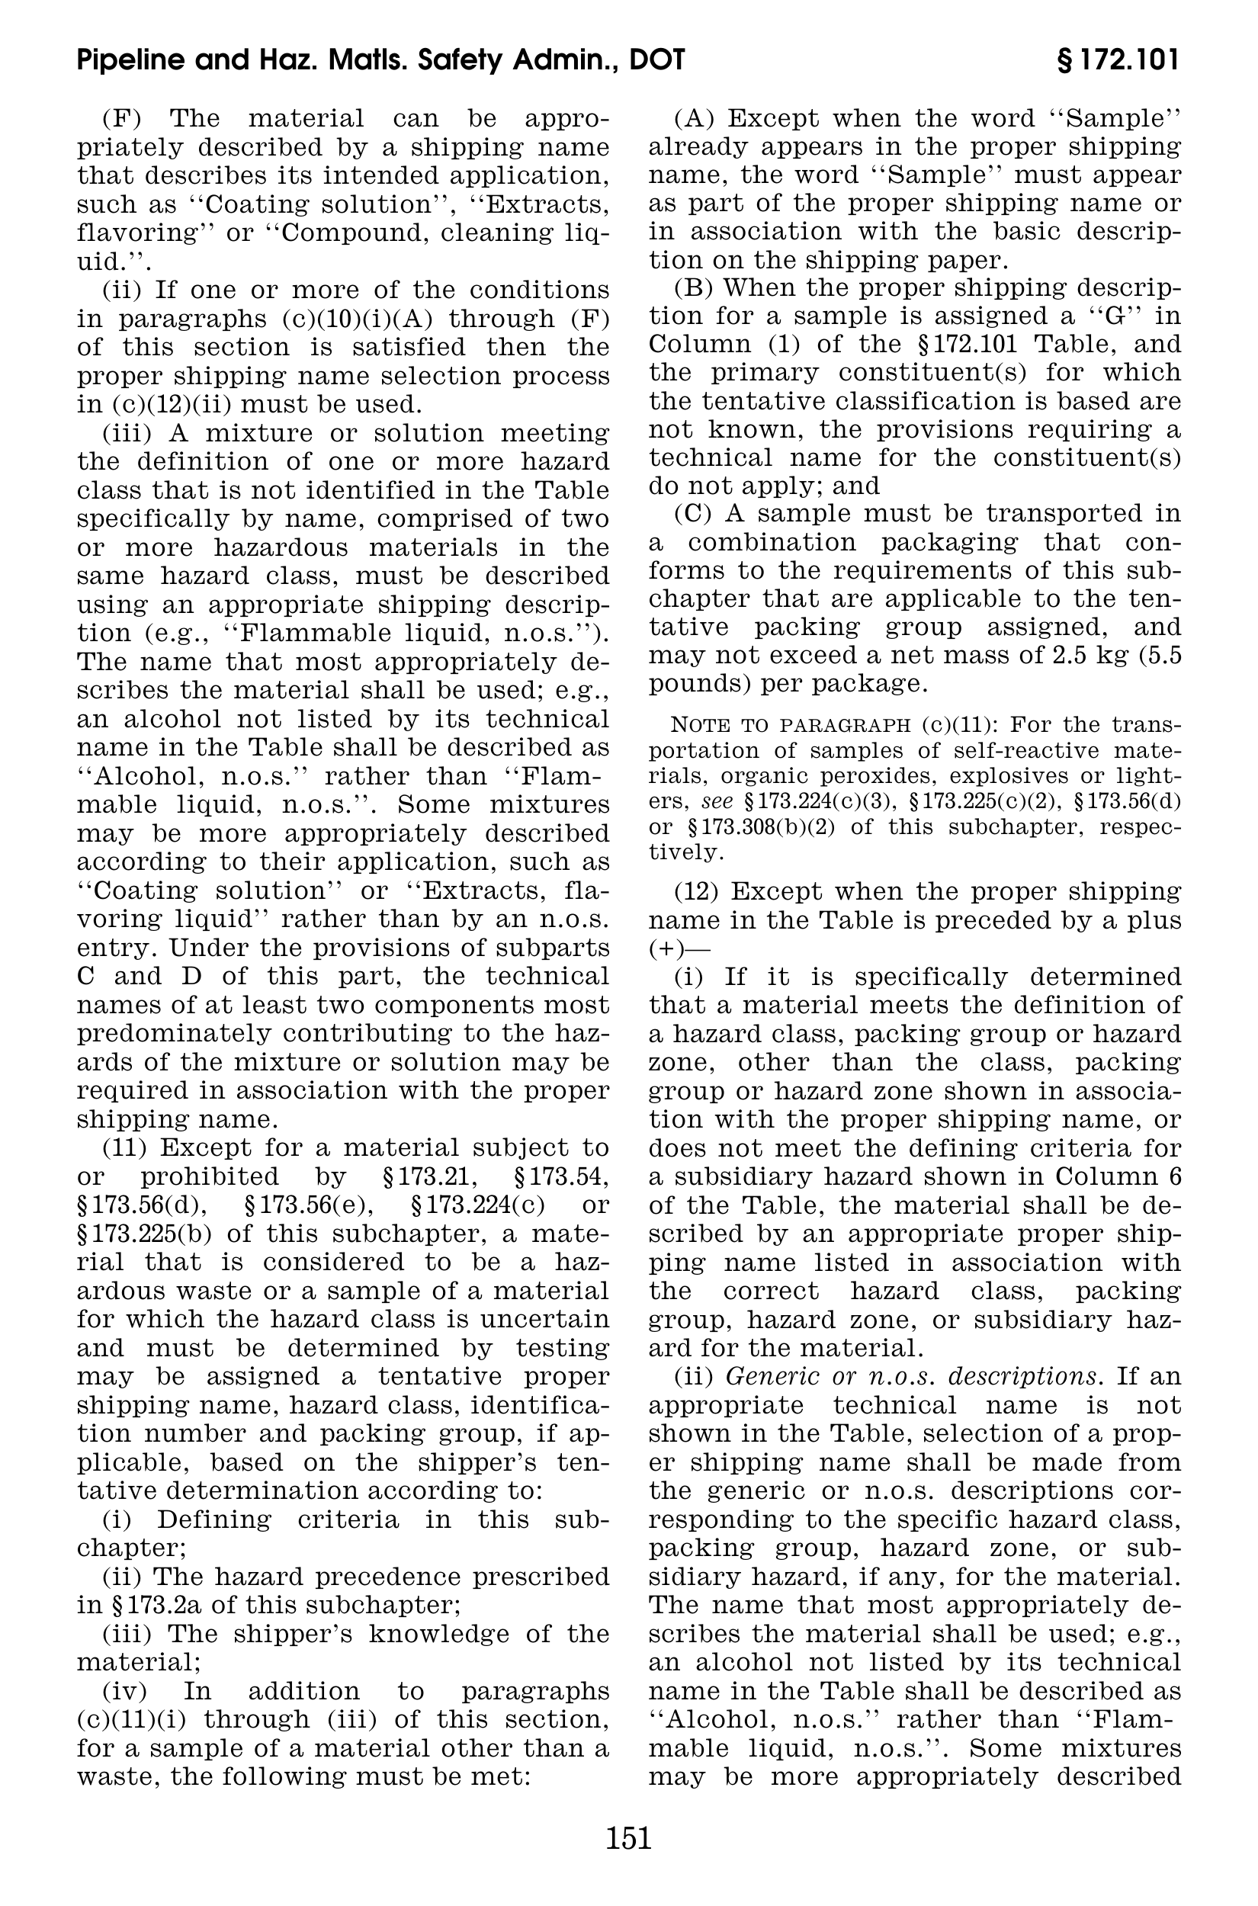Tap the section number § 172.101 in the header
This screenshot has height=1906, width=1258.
[1118, 61]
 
